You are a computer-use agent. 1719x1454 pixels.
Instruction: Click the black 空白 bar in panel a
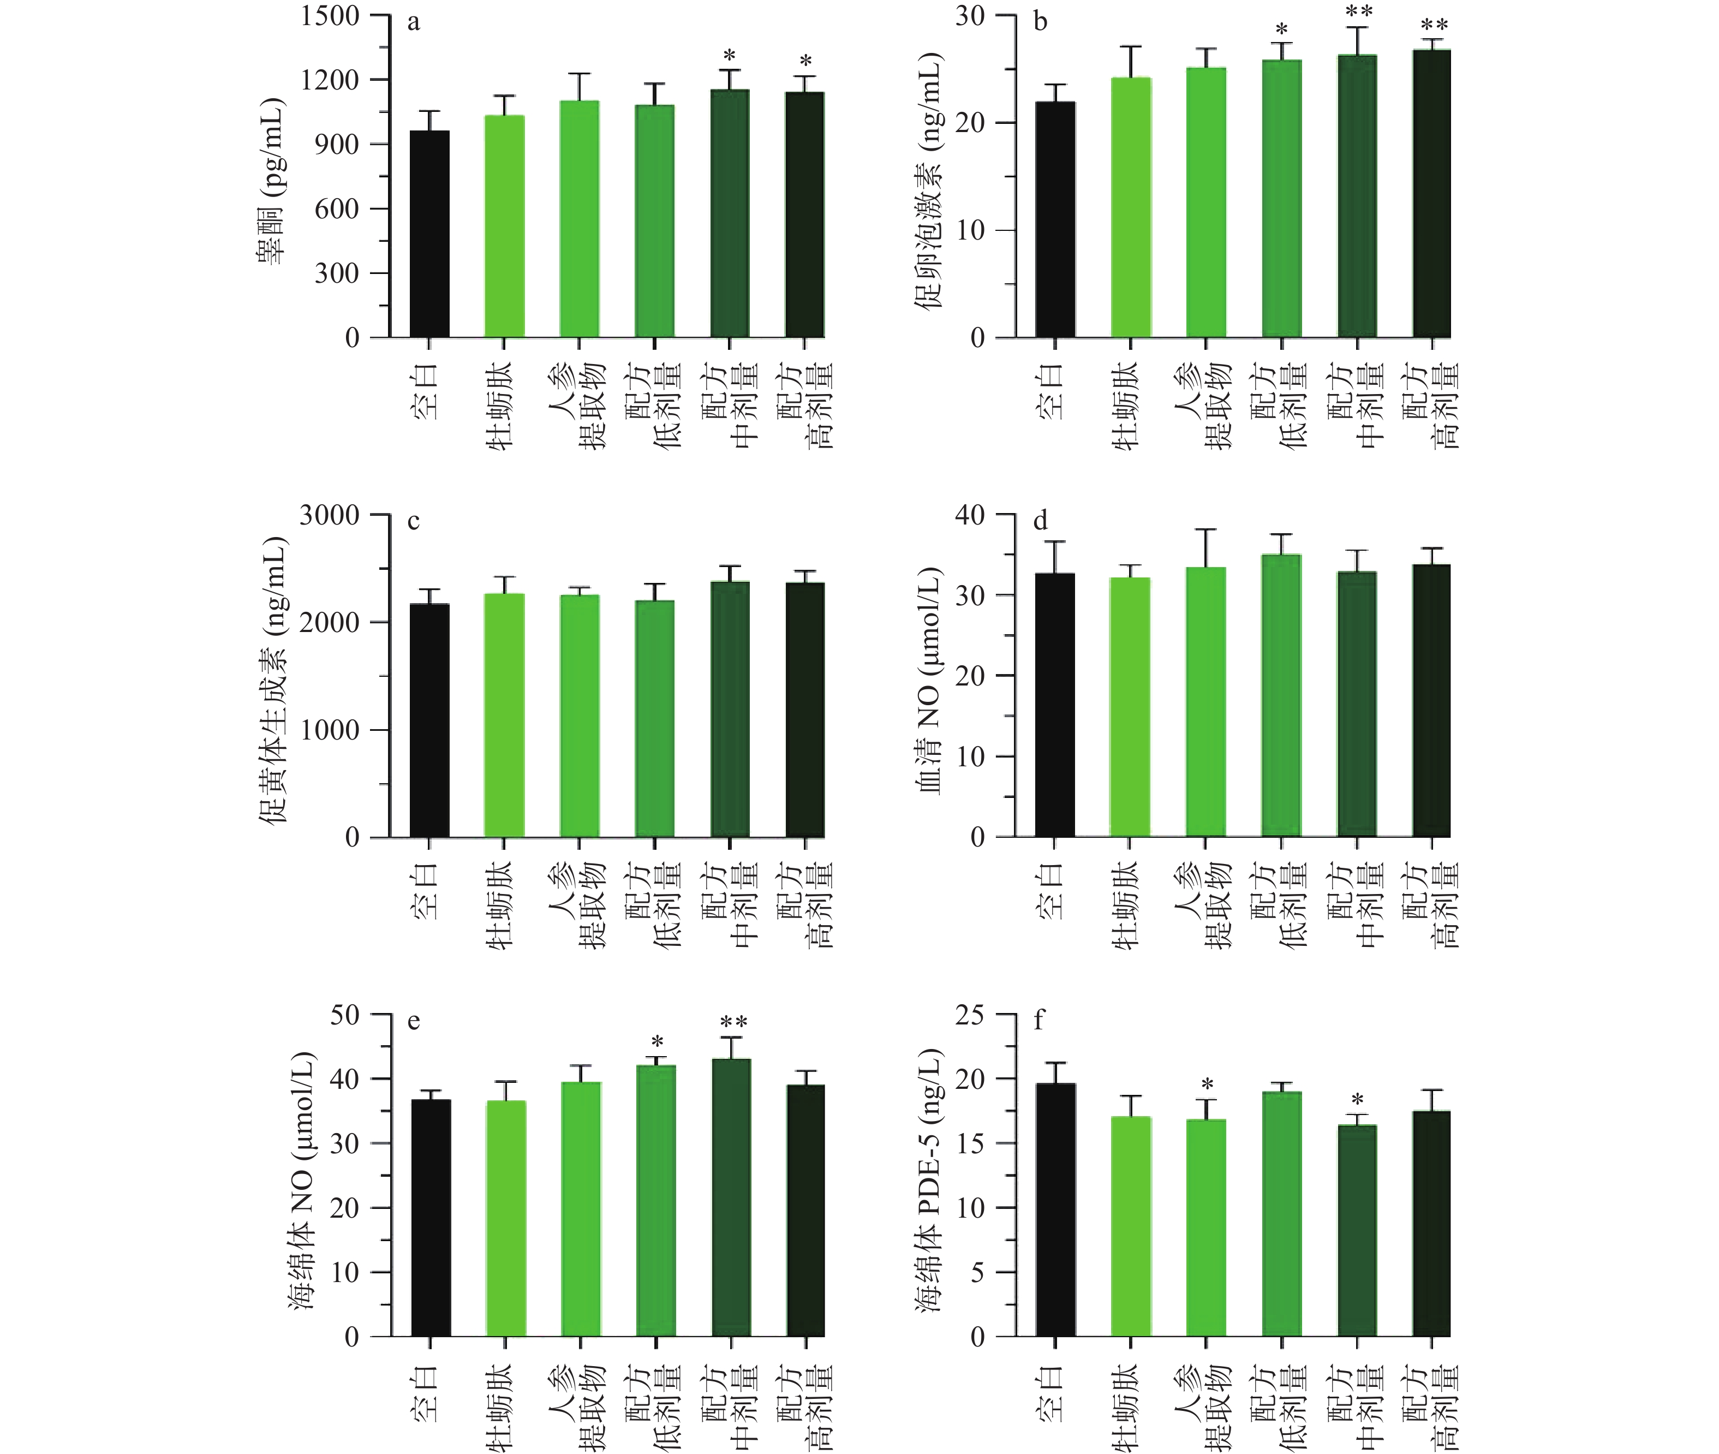pos(430,234)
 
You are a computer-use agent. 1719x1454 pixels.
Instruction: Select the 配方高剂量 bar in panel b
pos(1431,194)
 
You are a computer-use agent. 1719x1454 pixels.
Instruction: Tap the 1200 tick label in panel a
pos(330,80)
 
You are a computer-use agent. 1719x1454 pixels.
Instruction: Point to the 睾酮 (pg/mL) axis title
pos(272,181)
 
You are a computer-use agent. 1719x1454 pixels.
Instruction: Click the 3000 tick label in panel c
pos(330,515)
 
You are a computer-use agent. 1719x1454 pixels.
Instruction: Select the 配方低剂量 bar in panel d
pos(1281,696)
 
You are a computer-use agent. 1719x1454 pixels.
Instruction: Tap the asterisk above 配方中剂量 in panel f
pos(1357,1100)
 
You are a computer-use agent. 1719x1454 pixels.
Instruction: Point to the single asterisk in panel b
pos(1281,31)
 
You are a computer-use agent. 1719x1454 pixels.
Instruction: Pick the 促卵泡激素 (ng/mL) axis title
pos(929,181)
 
